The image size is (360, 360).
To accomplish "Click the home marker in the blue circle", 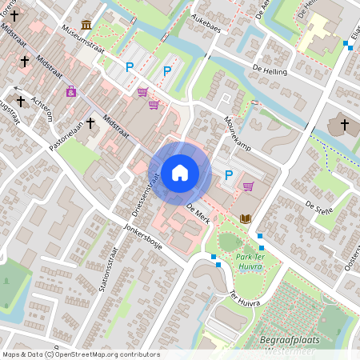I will click(180, 172).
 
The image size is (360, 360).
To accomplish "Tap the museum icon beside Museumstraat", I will click(86, 25).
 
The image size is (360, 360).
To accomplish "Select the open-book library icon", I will click(245, 218).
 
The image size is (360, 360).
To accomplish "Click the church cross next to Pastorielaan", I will click(90, 123).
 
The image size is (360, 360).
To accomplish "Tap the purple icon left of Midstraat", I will click(71, 91).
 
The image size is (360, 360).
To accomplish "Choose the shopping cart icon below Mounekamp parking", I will click(248, 186).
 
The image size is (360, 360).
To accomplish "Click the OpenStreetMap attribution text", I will click(80, 354).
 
